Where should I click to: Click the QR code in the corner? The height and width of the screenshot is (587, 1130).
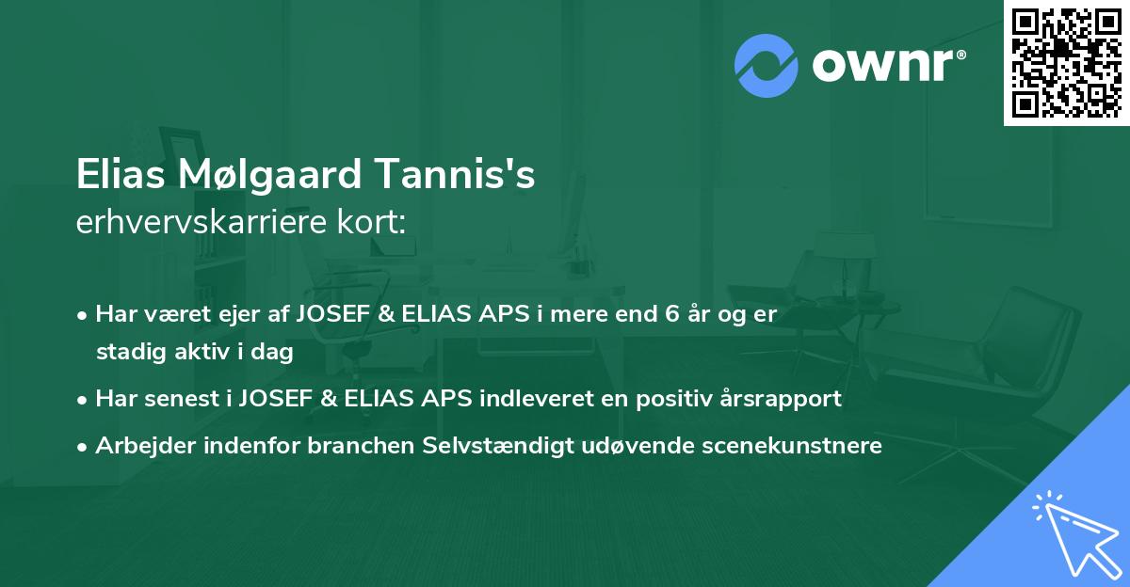(1066, 61)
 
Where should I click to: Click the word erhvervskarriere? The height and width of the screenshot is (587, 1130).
(211, 222)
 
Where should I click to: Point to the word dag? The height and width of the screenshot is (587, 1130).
(275, 353)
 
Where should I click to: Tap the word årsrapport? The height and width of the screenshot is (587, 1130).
(785, 399)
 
